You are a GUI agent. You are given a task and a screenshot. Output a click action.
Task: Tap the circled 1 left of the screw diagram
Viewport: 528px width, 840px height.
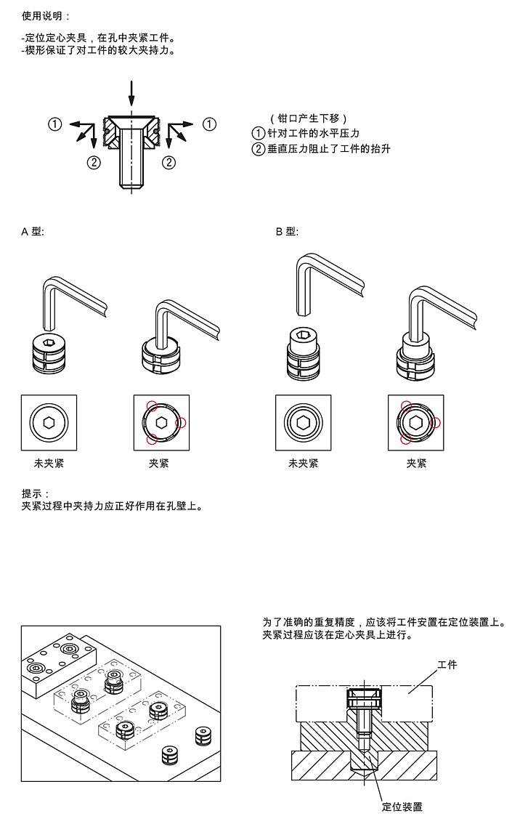(54, 124)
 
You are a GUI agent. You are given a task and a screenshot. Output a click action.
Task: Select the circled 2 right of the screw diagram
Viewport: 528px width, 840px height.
(168, 162)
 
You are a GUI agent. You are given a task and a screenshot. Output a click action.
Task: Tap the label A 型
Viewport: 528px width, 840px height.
(33, 232)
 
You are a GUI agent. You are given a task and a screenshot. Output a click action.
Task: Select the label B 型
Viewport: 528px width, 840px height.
(287, 232)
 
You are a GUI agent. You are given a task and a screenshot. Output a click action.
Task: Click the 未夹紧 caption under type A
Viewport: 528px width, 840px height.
(49, 463)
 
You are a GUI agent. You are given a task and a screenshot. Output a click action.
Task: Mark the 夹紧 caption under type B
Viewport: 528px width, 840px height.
(416, 463)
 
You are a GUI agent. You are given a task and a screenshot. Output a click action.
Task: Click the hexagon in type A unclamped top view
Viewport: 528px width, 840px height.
(49, 422)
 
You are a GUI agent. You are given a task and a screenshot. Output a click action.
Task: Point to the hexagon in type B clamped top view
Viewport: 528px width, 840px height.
(415, 422)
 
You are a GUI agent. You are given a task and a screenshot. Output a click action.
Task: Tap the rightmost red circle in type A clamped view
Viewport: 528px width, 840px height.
(182, 422)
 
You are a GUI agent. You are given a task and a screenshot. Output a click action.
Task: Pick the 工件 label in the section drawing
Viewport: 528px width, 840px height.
(447, 665)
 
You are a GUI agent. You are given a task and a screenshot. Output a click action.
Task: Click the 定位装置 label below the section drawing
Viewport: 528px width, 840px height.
(402, 807)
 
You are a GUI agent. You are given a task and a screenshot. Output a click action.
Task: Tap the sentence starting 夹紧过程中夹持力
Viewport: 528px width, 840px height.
(113, 505)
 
